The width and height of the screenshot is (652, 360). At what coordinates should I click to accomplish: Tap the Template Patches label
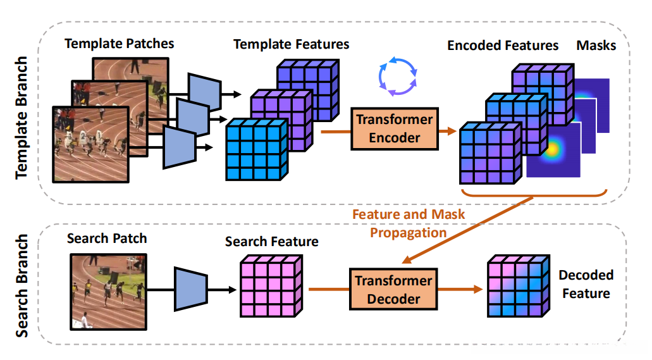[x=119, y=44]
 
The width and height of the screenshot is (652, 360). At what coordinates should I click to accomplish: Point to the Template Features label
[x=292, y=44]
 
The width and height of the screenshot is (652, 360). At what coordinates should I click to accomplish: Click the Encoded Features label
[x=503, y=45]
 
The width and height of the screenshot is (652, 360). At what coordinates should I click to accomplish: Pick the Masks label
[x=596, y=45]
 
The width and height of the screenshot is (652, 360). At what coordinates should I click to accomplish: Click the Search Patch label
[x=106, y=239]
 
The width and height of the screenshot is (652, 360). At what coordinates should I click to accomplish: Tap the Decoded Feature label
[x=586, y=284]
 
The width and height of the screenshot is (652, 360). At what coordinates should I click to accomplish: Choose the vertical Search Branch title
[x=22, y=285]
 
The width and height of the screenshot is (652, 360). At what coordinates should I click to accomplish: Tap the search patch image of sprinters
[x=108, y=291]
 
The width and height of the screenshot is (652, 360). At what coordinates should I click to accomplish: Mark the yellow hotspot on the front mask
[x=553, y=150]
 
